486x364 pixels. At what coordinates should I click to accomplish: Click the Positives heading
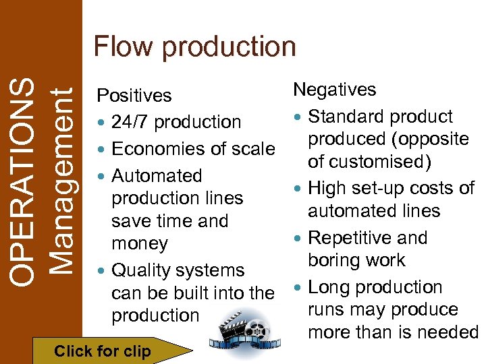(x=134, y=96)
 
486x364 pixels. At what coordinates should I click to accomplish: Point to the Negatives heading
(x=334, y=90)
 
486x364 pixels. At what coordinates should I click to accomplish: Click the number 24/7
(x=129, y=122)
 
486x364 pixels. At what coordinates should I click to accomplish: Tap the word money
(x=140, y=243)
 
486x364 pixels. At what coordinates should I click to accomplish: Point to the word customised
(x=381, y=162)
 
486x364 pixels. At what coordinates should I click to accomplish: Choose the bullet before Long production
(x=298, y=288)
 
